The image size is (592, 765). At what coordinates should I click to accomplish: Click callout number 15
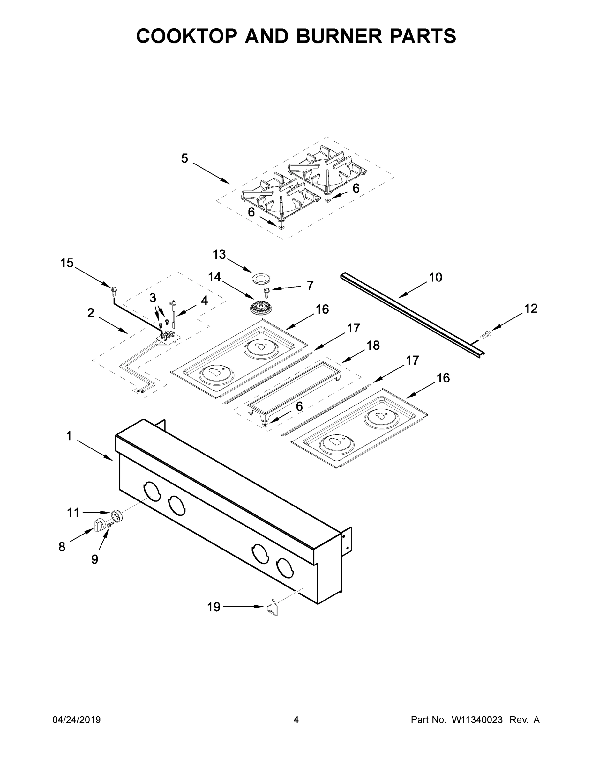tap(67, 263)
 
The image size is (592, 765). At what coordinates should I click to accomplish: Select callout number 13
tap(219, 254)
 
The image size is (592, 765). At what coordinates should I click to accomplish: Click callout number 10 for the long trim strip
tap(436, 277)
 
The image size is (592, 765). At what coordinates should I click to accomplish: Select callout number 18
tap(373, 346)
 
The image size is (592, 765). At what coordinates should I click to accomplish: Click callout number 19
tap(214, 607)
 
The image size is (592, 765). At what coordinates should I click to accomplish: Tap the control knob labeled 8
tap(99, 525)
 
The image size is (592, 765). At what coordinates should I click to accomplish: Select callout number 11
tap(73, 513)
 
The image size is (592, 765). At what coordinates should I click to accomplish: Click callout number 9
tap(95, 559)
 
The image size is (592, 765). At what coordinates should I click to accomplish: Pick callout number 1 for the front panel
tap(69, 436)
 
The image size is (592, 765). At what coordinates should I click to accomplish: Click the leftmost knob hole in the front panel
tap(152, 491)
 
